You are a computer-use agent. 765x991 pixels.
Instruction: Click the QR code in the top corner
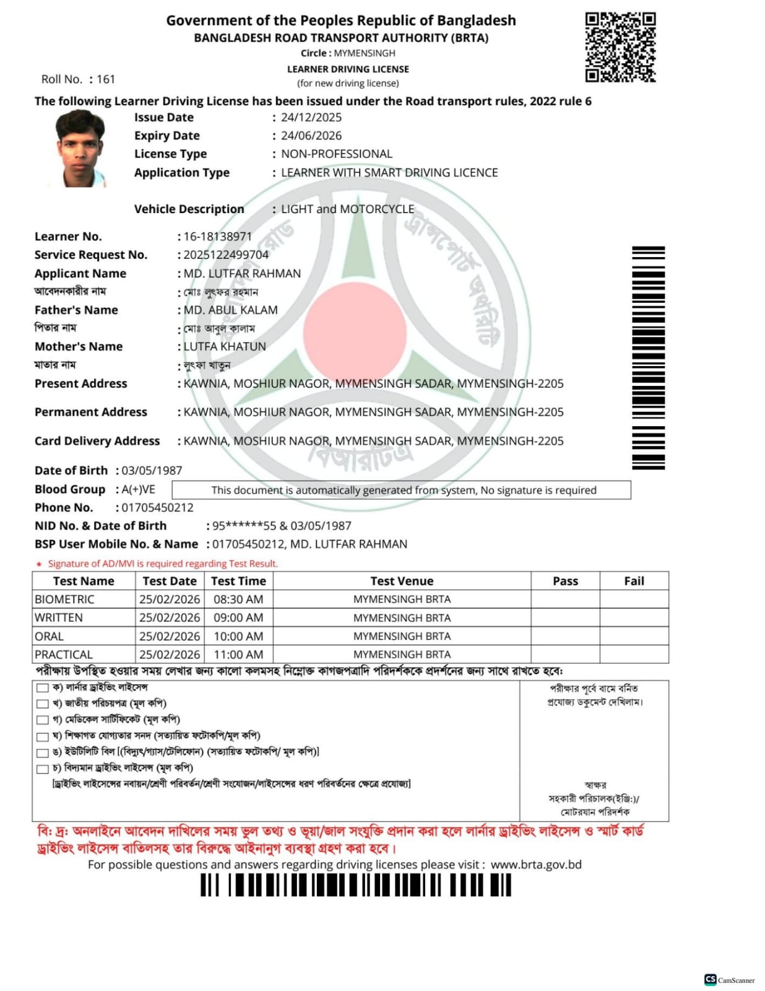pyautogui.click(x=620, y=47)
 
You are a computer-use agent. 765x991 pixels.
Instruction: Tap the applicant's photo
pyautogui.click(x=80, y=149)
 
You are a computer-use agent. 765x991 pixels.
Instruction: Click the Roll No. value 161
pyautogui.click(x=106, y=79)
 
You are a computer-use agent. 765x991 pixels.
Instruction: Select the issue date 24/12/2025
pyautogui.click(x=311, y=118)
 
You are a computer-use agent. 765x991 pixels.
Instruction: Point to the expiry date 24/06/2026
pyautogui.click(x=311, y=136)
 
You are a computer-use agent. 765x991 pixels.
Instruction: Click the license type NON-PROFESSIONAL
pyautogui.click(x=336, y=154)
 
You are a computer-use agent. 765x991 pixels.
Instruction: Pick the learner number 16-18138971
pyautogui.click(x=217, y=237)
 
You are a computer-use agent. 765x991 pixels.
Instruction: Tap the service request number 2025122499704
pyautogui.click(x=226, y=255)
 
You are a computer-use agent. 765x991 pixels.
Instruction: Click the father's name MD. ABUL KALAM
pyautogui.click(x=230, y=310)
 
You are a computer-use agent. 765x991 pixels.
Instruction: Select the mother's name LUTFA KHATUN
pyautogui.click(x=225, y=346)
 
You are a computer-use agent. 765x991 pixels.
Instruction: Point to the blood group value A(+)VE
pyautogui.click(x=138, y=489)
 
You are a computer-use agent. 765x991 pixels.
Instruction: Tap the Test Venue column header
pyautogui.click(x=402, y=581)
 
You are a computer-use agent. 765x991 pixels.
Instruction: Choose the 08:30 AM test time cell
pyautogui.click(x=238, y=600)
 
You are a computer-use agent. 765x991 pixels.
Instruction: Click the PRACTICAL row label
pyautogui.click(x=64, y=655)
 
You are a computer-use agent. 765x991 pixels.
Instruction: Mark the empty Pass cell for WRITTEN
pyautogui.click(x=565, y=618)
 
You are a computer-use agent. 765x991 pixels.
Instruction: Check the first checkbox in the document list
pyautogui.click(x=42, y=688)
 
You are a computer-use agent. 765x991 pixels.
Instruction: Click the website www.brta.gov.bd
pyautogui.click(x=536, y=865)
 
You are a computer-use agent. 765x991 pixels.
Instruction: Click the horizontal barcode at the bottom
pyautogui.click(x=356, y=885)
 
